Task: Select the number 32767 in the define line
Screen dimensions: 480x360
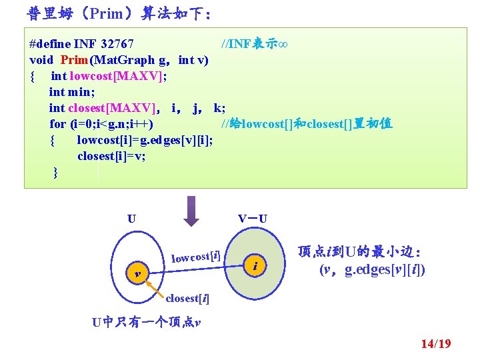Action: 117,44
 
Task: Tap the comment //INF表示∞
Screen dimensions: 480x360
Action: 254,44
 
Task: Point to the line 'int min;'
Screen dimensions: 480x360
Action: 72,92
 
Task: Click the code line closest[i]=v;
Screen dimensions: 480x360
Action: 111,156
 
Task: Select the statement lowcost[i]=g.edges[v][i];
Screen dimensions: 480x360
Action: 145,140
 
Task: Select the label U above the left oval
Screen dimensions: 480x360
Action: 132,218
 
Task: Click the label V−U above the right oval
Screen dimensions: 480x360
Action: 253,218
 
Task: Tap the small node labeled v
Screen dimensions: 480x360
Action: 137,273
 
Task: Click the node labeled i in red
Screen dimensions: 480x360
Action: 255,266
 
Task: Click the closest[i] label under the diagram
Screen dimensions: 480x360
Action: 187,298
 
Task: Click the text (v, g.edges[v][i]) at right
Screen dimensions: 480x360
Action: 372,269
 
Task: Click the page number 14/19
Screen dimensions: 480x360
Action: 435,344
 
